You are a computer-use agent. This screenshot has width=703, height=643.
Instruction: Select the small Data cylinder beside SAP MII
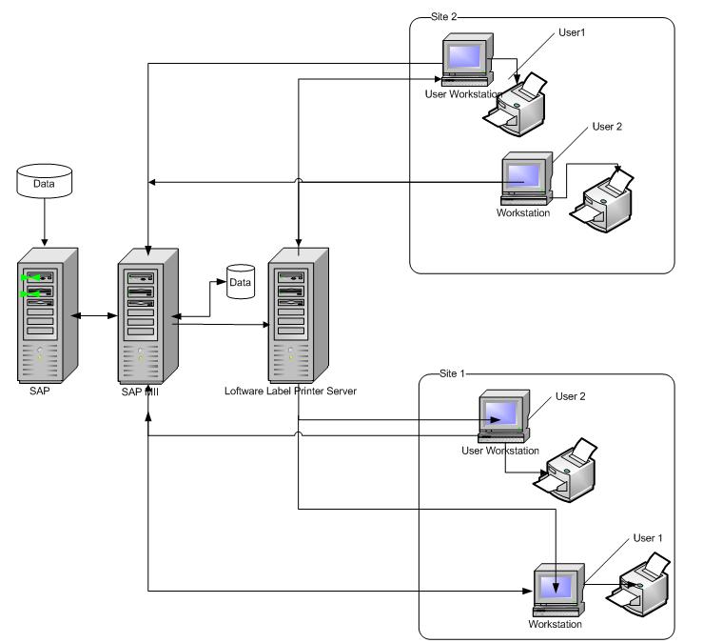[240, 283]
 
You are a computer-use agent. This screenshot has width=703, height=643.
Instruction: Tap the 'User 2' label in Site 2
[607, 126]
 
